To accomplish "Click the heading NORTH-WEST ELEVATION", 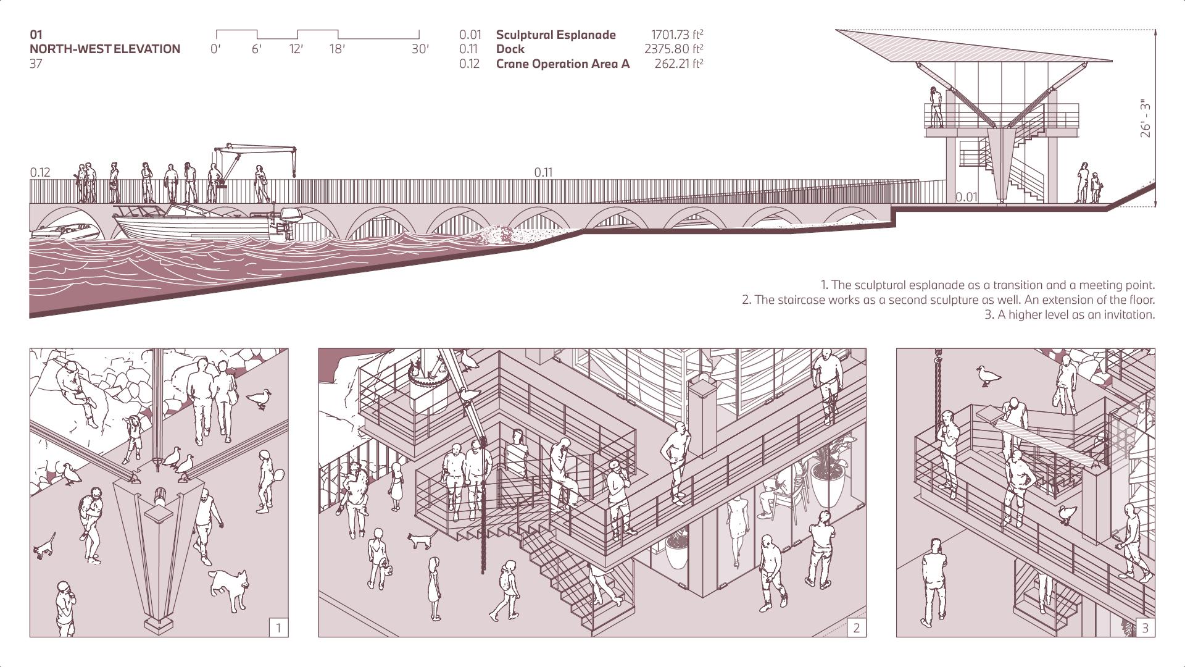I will (x=105, y=49).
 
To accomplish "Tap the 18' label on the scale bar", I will (x=337, y=49).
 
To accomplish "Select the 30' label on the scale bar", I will (x=420, y=49).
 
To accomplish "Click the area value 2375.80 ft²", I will (x=673, y=49).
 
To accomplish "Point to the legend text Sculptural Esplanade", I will (x=555, y=35).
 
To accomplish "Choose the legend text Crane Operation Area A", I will (x=562, y=64).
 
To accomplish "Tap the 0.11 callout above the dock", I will (x=543, y=172).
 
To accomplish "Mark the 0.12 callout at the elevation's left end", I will (x=40, y=172).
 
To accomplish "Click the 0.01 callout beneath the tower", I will (x=967, y=197).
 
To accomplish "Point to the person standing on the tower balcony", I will (x=936, y=107).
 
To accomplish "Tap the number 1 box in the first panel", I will (x=278, y=628).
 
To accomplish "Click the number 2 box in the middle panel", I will (x=856, y=628).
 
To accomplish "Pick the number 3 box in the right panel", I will (x=1145, y=628).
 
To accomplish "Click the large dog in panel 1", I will (x=230, y=587).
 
